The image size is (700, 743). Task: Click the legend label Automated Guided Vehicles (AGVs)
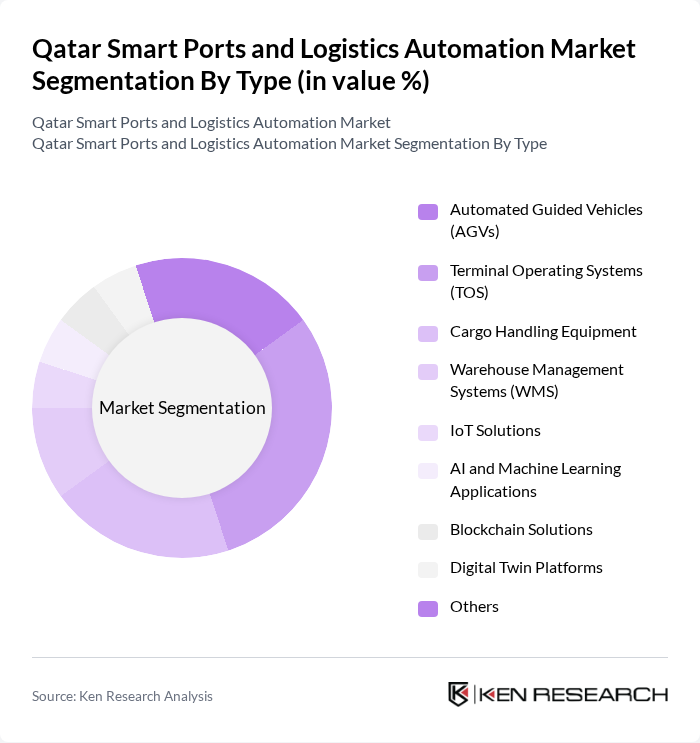[x=546, y=221]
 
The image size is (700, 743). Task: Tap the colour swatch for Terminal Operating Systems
[x=428, y=273]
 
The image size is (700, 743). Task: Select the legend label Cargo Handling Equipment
[x=543, y=332]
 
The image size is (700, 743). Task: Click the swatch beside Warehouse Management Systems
[x=428, y=372]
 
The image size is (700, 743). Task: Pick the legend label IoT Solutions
[x=495, y=431]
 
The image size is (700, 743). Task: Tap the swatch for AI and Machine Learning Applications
[x=428, y=471]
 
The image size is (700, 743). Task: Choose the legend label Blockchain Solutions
[x=521, y=530]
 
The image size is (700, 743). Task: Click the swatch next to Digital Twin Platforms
[x=428, y=569]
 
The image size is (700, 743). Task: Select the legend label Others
[x=474, y=607]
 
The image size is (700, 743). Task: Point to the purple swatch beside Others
[x=428, y=608]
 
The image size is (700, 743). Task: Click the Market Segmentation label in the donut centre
[x=182, y=408]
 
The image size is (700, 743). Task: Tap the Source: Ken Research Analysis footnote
[x=122, y=696]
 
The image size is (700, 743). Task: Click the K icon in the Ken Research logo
[x=459, y=694]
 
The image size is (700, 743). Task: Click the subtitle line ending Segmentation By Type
[x=289, y=143]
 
